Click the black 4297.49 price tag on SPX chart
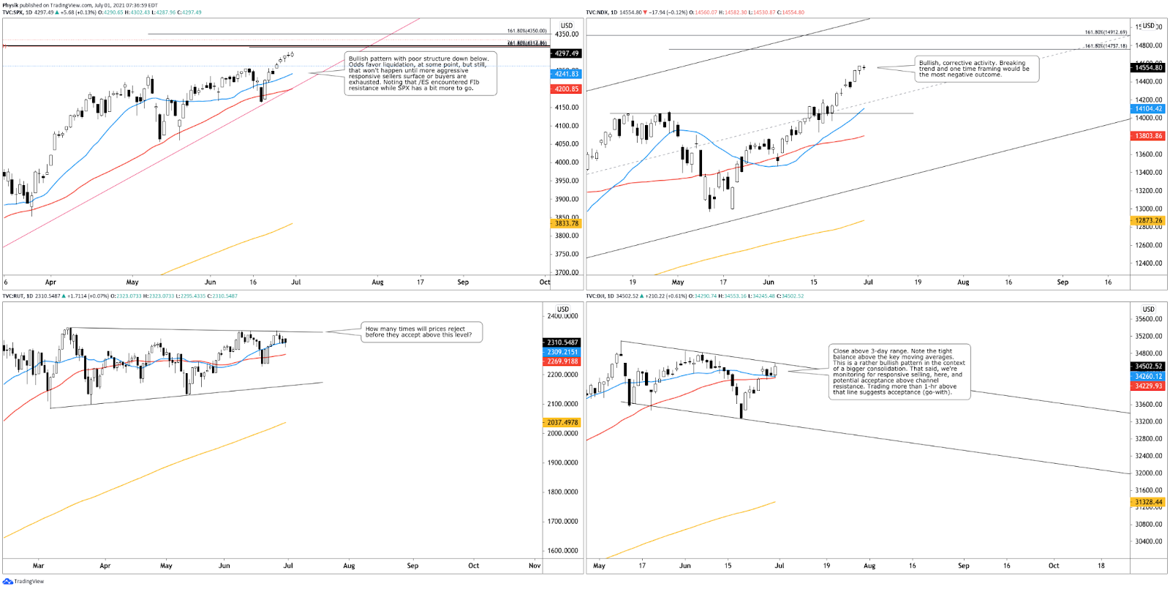[566, 53]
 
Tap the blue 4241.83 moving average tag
[566, 74]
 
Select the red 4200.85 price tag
[566, 89]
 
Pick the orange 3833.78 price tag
[566, 224]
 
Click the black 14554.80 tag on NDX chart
[1148, 67]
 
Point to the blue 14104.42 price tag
[1148, 108]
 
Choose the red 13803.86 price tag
[1148, 136]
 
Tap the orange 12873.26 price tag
[1148, 220]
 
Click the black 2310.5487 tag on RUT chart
[562, 342]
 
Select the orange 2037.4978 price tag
[562, 422]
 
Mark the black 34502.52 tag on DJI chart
[1148, 366]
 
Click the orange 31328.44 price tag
[1148, 502]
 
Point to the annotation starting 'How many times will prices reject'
[423, 332]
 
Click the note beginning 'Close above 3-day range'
[899, 372]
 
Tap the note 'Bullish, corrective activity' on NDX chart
[976, 69]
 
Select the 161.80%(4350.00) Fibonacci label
[526, 31]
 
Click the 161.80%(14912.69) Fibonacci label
[1106, 32]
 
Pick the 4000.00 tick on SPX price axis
[566, 162]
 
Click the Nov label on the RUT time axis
[535, 566]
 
